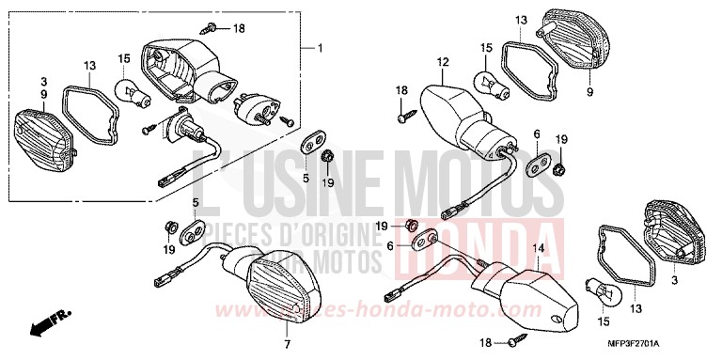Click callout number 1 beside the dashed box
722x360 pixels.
(319, 48)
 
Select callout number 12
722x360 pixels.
(438, 62)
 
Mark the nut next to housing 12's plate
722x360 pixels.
(558, 168)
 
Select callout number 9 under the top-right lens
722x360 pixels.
(589, 93)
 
